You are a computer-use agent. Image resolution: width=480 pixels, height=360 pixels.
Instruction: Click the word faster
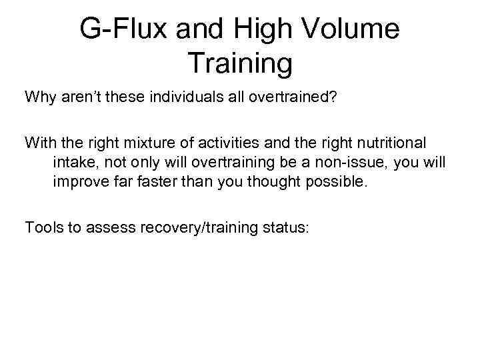156,182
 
